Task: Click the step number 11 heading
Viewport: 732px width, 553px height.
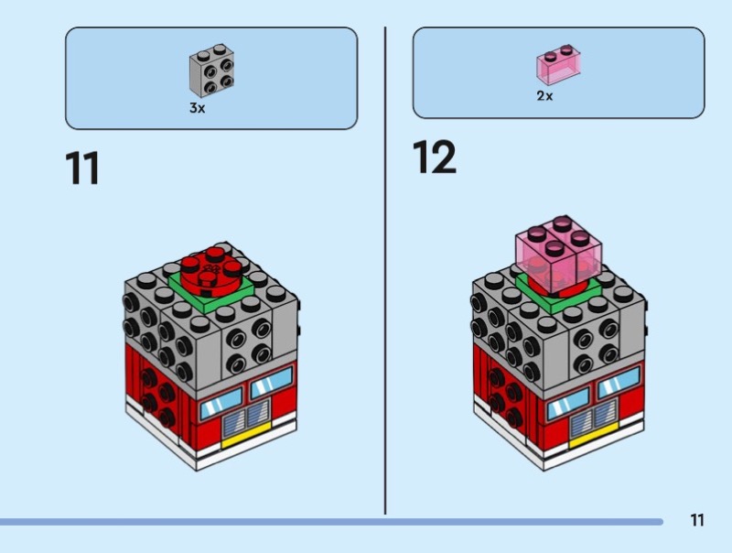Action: (x=82, y=168)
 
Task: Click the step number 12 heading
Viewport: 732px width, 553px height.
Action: (x=434, y=157)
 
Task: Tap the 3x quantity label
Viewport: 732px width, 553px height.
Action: (x=197, y=108)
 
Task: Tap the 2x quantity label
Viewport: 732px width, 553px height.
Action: (x=544, y=96)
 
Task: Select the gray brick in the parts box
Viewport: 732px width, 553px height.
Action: (x=211, y=70)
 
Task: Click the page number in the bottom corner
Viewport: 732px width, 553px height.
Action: (x=697, y=520)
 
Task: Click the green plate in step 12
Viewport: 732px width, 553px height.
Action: (x=558, y=294)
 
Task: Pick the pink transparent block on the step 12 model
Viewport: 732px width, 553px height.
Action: (x=558, y=255)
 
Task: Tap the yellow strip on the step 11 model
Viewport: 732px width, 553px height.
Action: (x=245, y=435)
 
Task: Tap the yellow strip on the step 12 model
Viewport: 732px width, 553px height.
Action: (x=593, y=435)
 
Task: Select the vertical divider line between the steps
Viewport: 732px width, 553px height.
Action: (x=385, y=270)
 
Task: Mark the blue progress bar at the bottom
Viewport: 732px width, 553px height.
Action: (x=331, y=522)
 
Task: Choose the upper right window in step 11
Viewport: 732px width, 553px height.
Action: (x=272, y=383)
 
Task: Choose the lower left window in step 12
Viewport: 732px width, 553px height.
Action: (x=568, y=404)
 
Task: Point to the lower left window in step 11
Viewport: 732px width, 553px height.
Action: (x=221, y=404)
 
